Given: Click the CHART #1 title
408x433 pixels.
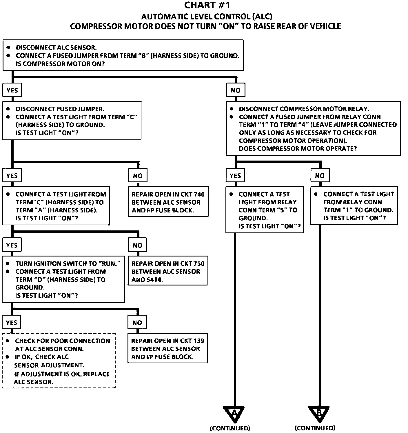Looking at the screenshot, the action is tap(207, 5).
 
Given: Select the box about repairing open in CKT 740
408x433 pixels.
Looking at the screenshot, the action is tap(168, 201).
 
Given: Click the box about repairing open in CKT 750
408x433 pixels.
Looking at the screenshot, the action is tap(168, 271).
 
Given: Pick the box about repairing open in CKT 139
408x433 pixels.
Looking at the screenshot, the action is tap(168, 348).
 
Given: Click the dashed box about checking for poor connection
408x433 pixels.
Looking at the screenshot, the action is tap(59, 361).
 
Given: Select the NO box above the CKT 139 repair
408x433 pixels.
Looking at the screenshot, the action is tap(137, 322).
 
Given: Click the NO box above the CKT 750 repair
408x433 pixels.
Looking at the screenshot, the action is tap(138, 245).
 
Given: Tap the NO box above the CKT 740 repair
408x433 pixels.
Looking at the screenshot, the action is tap(138, 175).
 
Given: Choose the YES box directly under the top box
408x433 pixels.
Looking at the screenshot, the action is tap(12, 90).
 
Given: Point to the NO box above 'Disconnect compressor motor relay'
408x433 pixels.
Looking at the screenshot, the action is tap(236, 90).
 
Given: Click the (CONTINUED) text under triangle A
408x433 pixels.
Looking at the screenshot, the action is tap(230, 428).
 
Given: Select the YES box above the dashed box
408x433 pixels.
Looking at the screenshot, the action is tap(11, 322).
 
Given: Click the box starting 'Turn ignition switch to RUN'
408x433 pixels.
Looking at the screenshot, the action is tap(63, 279).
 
